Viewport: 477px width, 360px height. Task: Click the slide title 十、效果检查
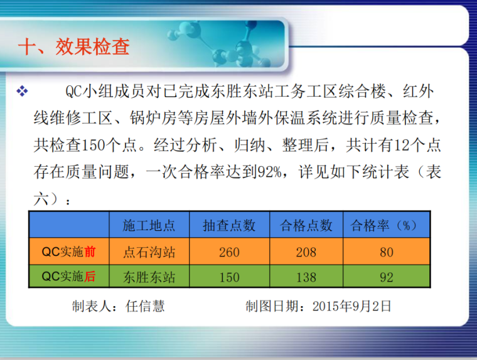[x=74, y=47]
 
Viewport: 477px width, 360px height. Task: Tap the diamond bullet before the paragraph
[x=23, y=92]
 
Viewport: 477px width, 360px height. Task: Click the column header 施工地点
[x=149, y=225]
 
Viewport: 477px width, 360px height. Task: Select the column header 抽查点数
[x=229, y=225]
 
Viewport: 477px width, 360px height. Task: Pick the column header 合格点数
[x=306, y=225]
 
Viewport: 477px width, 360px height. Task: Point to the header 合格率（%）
[x=386, y=225]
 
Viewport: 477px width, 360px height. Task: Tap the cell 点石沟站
[x=149, y=252]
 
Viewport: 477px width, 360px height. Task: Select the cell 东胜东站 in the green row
[x=149, y=277]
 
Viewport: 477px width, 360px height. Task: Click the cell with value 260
[x=229, y=252]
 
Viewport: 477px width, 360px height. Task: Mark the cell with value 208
[x=306, y=252]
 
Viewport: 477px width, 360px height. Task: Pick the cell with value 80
[x=386, y=252]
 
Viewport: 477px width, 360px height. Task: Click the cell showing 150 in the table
[x=229, y=277]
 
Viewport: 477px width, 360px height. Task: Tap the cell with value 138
[x=306, y=277]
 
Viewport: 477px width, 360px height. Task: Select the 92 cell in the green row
[x=386, y=277]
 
